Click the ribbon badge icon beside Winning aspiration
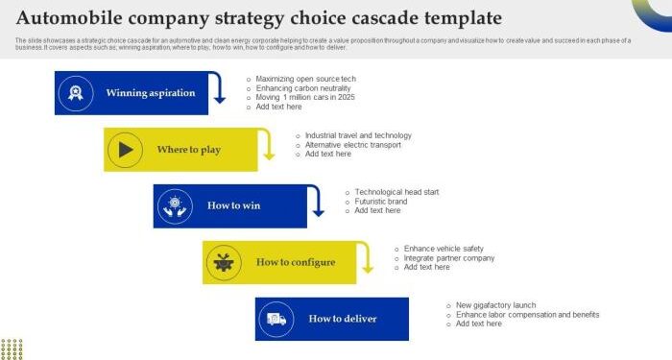[75, 93]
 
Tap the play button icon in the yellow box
[125, 149]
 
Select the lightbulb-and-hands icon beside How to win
[174, 205]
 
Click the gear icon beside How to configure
[224, 261]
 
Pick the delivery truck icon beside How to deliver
[276, 319]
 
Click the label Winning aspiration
[151, 93]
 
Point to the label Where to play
[189, 150]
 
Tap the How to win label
[233, 205]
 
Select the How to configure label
[296, 262]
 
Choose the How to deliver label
[343, 319]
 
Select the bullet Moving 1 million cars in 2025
[305, 98]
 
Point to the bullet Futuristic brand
[381, 202]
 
